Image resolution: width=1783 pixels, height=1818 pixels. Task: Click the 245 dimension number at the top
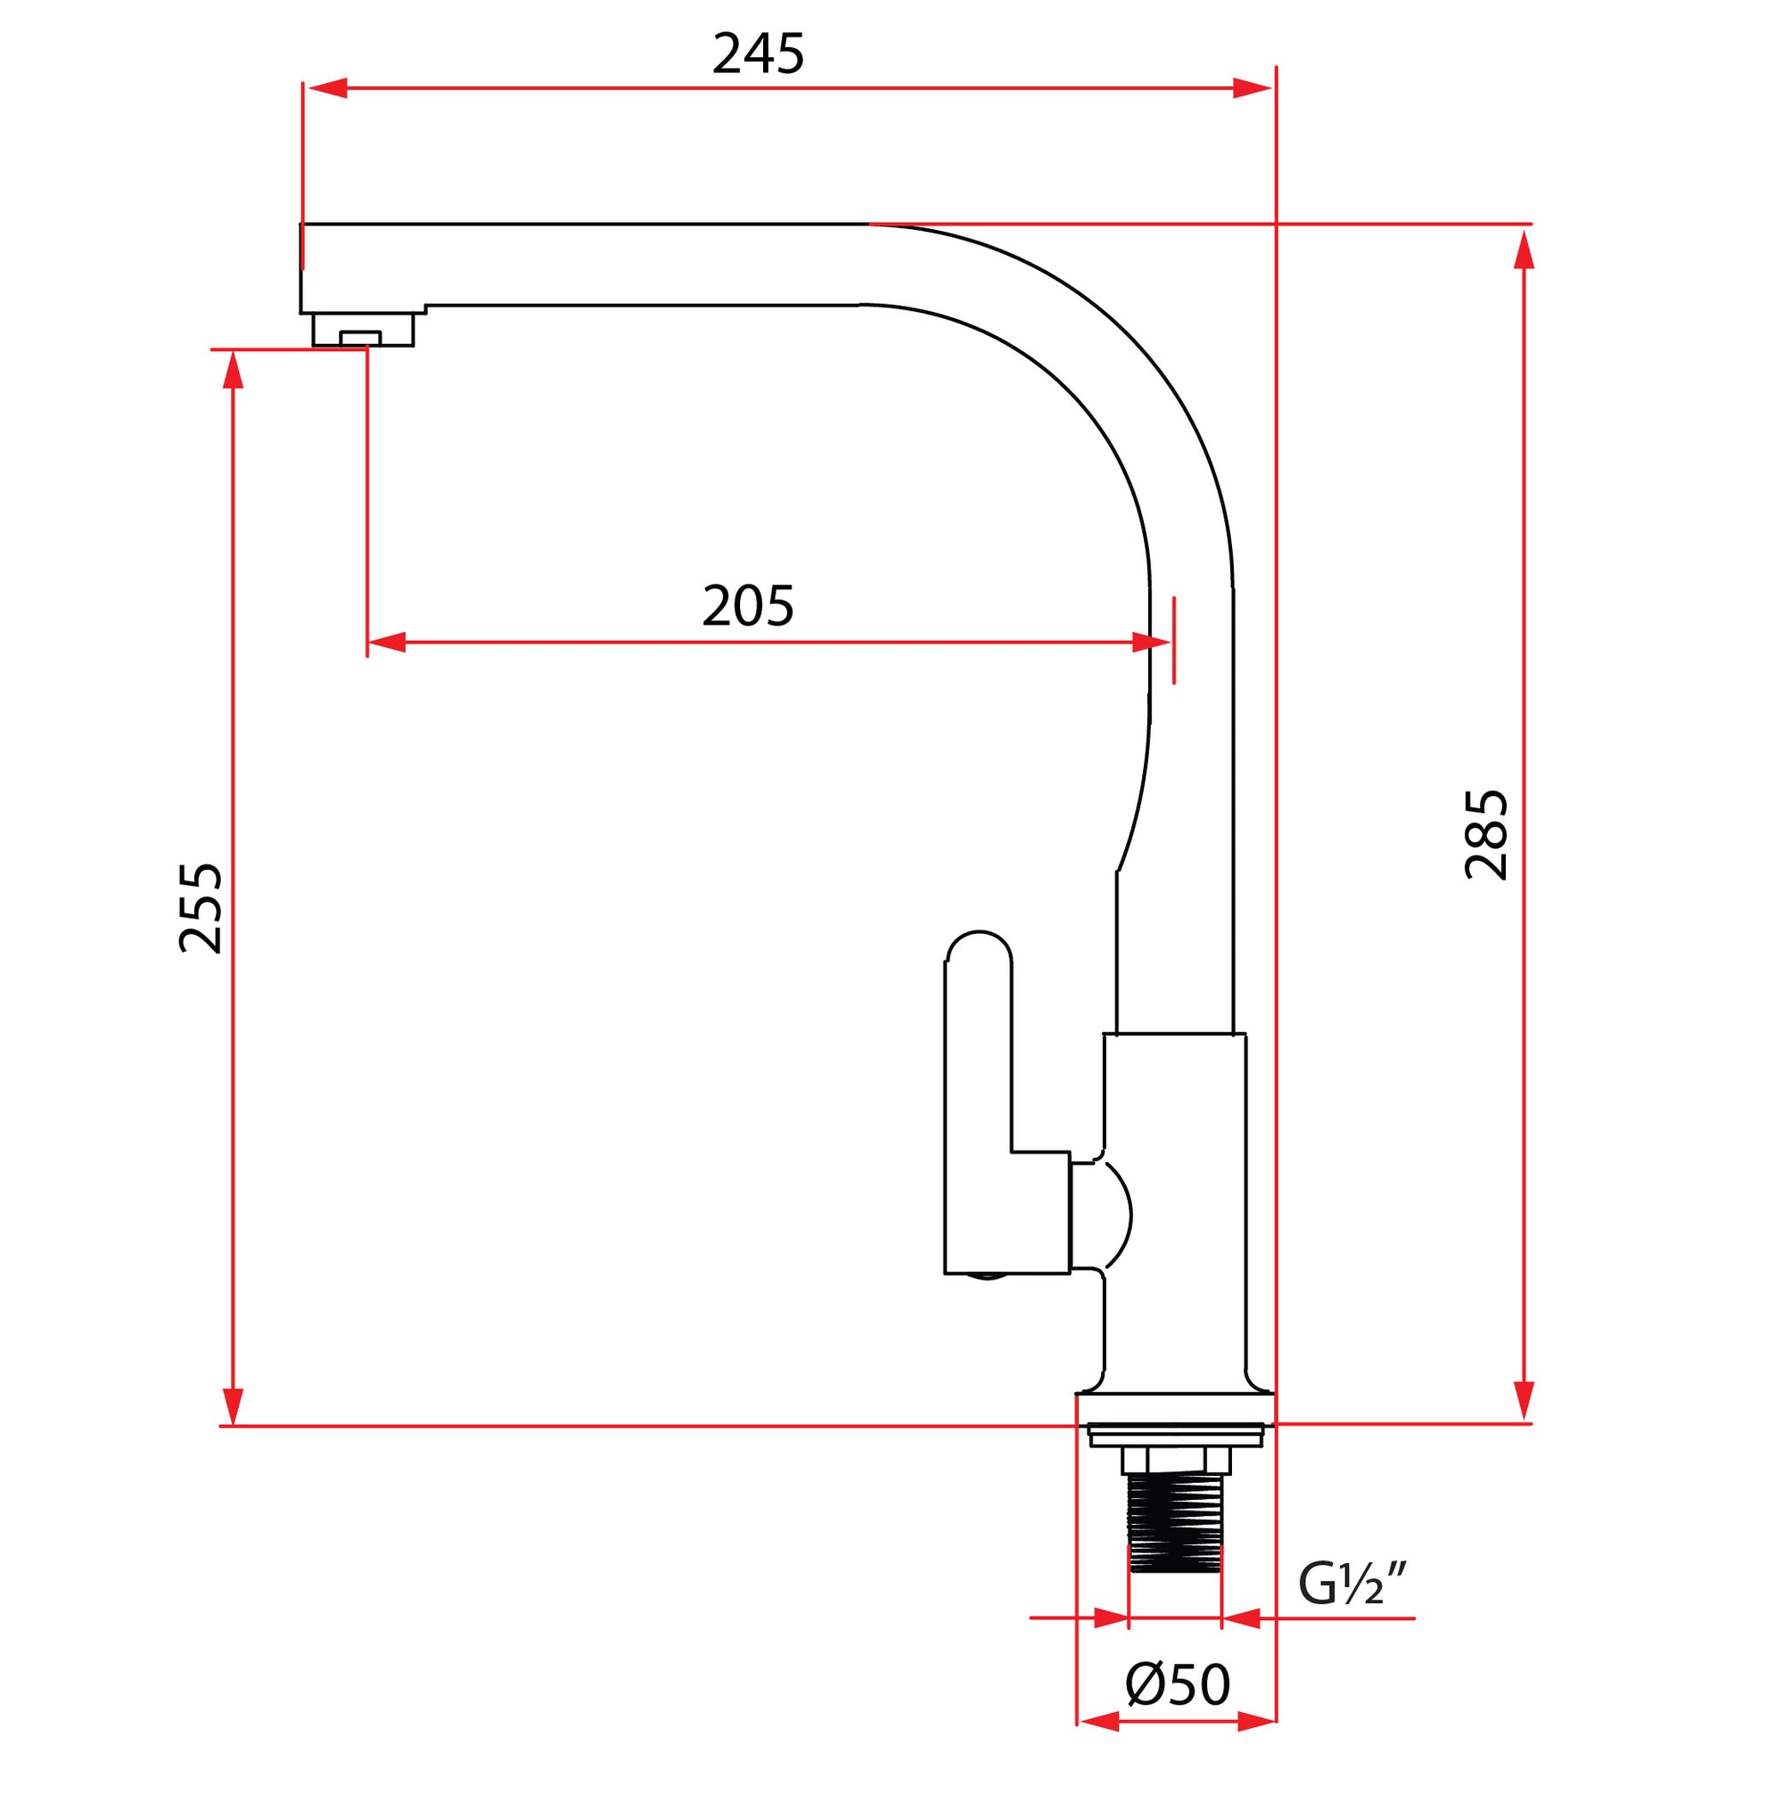pos(758,54)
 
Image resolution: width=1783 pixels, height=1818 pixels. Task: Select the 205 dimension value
pos(747,607)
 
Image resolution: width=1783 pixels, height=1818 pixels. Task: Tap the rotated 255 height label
pos(201,908)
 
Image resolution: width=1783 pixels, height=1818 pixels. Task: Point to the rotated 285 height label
pos(1486,834)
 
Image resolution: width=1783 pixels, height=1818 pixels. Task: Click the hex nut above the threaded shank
pos(1176,1459)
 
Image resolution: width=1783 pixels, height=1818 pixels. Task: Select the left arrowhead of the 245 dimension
pos(328,88)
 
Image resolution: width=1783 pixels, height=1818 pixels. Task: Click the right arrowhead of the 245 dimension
pos(1252,88)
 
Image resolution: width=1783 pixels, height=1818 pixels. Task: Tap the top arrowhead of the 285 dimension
pos(1524,249)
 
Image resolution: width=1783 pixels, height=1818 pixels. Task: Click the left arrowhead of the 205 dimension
pos(387,643)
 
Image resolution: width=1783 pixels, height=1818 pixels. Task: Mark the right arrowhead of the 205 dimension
pos(1151,643)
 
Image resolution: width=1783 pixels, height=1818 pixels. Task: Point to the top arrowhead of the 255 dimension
pos(234,371)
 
